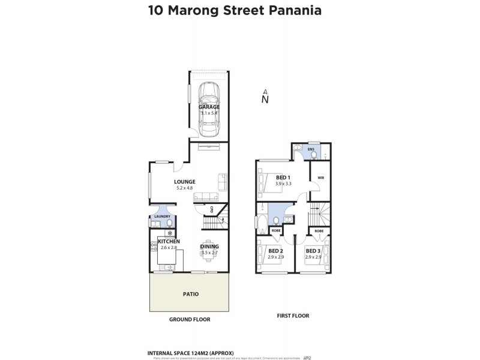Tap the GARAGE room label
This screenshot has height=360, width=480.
coord(209,107)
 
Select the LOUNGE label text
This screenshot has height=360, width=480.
coord(185,182)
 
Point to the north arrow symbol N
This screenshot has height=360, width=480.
coord(265,99)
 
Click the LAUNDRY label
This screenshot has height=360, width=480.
coord(162,217)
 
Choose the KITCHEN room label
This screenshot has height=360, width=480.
coord(168,241)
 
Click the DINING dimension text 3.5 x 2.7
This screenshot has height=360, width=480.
coord(209,253)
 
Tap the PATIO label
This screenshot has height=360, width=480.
coord(190,294)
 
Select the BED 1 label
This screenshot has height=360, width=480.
coord(283,178)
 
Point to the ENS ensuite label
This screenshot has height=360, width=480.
coord(311,148)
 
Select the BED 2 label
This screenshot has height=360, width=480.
coord(276,251)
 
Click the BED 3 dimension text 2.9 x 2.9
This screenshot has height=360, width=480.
coord(313,257)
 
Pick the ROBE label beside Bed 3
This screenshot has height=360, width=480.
coord(319,230)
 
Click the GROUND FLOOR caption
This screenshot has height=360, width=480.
coord(190,320)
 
